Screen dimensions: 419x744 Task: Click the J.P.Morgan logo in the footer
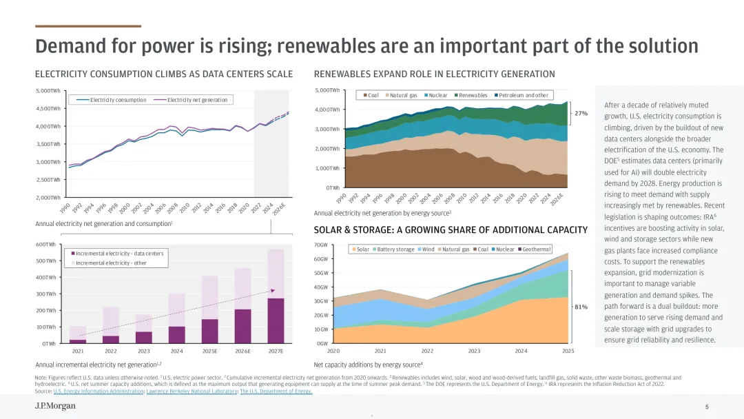(x=55, y=407)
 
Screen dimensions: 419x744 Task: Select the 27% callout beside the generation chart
(x=581, y=113)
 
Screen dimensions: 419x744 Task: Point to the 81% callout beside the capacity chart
(x=581, y=307)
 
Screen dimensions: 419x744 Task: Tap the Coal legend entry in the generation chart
(x=372, y=95)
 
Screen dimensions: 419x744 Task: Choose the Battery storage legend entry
(x=395, y=249)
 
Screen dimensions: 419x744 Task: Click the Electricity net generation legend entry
(x=197, y=100)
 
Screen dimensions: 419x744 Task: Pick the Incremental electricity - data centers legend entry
(x=119, y=254)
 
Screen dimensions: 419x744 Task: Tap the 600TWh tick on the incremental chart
(x=45, y=245)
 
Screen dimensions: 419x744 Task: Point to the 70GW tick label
(x=321, y=245)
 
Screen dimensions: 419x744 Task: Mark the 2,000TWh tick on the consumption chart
(x=48, y=198)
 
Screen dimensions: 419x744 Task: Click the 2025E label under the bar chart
(x=209, y=351)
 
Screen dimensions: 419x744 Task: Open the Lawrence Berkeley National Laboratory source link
(x=192, y=391)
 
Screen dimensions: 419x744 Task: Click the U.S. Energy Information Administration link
(x=99, y=391)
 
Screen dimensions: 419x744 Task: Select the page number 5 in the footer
(x=707, y=407)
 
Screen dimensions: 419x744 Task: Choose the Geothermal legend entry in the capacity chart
(x=535, y=249)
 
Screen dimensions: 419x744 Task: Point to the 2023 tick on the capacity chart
(x=474, y=351)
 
